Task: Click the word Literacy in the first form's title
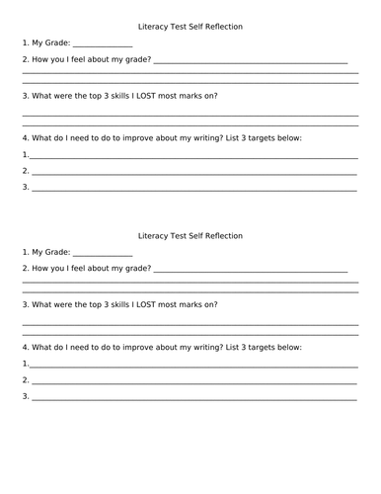(153, 27)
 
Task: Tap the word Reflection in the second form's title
(221, 236)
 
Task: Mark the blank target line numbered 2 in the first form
(193, 172)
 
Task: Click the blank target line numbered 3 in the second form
(193, 398)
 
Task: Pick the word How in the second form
(40, 269)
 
